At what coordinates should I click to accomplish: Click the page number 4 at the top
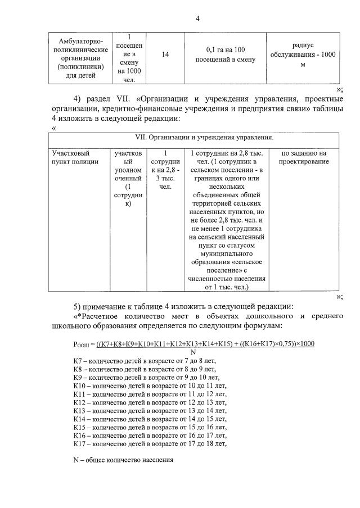197,19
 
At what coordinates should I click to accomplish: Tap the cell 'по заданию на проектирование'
304,157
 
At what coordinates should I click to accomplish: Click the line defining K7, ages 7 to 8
145,360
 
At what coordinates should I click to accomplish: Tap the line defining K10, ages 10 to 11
149,386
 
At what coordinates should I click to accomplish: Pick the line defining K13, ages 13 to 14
149,411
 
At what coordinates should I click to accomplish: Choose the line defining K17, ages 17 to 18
149,444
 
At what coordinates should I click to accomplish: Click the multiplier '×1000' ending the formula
304,343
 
